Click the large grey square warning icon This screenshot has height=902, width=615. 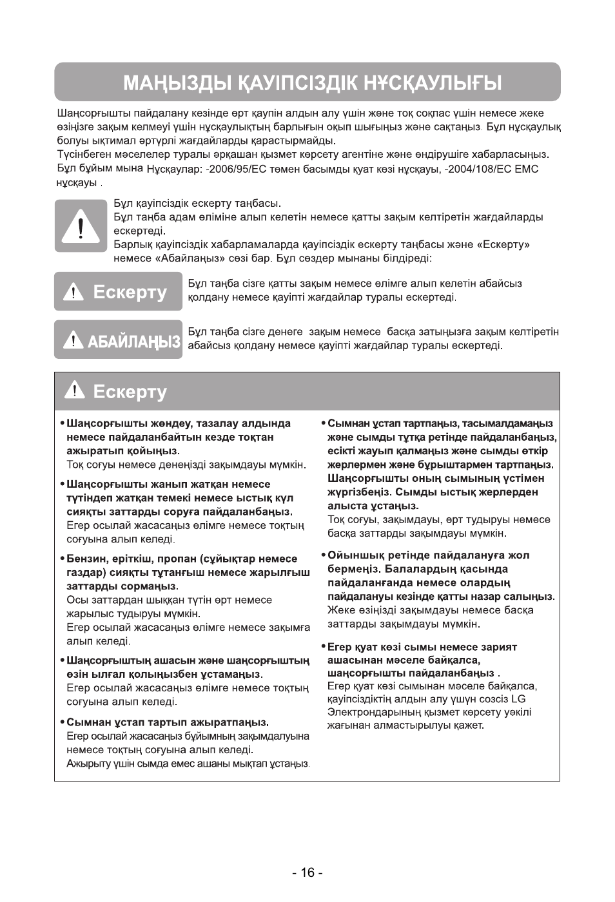pos(81,226)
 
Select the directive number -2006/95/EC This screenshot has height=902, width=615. pos(234,169)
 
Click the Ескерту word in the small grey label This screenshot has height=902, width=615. pos(130,293)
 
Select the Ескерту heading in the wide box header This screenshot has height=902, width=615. pos(130,392)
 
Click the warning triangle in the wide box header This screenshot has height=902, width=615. pos(75,390)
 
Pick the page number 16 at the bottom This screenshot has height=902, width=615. pos(307,872)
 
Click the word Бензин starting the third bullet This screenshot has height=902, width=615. pos(85,559)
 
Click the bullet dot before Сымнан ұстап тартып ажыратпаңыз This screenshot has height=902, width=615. pos(62,722)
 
